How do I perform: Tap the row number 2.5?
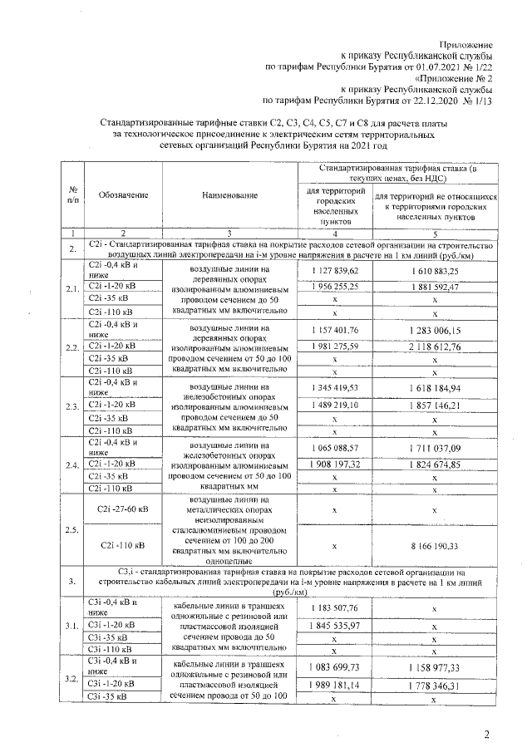[72, 529]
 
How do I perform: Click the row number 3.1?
[72, 626]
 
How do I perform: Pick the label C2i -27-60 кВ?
[123, 509]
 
